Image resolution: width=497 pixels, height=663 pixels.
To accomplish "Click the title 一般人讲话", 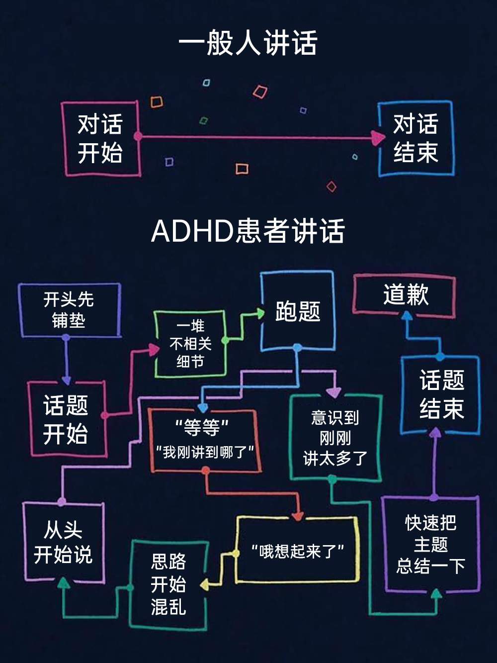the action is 248,43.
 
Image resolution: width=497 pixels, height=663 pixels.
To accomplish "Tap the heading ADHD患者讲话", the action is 248,231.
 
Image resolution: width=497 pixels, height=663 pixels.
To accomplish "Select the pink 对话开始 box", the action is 64,139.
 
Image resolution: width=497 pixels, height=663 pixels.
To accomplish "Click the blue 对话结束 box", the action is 380,139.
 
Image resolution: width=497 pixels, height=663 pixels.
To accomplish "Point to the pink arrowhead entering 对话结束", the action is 378,138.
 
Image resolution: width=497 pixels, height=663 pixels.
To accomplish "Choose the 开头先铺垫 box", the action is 20,310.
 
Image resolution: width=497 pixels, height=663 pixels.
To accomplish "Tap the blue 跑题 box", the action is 262,311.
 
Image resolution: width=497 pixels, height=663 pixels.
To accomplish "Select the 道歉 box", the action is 355,294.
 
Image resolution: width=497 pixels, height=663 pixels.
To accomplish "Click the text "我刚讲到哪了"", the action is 205,453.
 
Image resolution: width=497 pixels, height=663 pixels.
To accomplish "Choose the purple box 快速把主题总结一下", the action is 384,544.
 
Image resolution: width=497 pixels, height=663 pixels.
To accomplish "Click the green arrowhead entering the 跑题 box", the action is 259,313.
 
